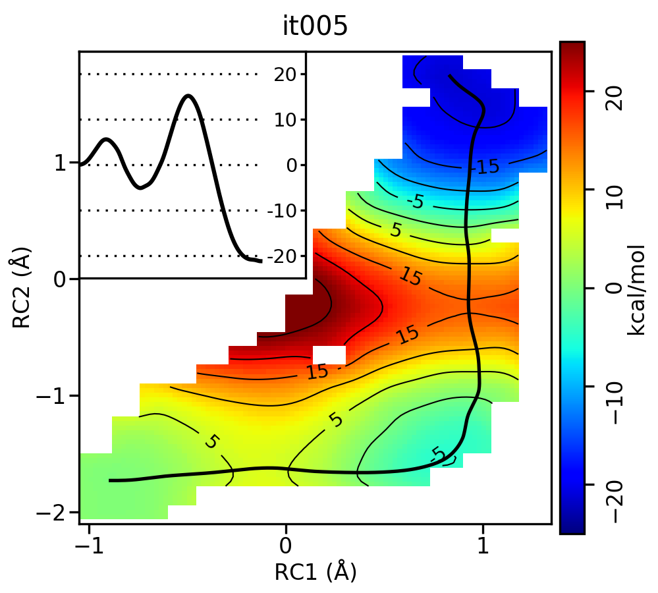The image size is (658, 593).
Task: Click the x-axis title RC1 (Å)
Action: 315,571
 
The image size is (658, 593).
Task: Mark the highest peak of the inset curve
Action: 189,96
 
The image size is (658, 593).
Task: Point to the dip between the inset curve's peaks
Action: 140,188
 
